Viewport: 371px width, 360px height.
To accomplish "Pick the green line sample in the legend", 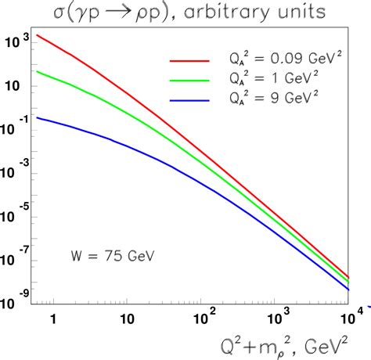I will [190, 81].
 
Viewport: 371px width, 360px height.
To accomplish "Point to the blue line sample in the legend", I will [190, 101].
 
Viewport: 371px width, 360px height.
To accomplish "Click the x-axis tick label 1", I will [54, 319].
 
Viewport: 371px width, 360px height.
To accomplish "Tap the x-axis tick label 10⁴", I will [353, 316].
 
